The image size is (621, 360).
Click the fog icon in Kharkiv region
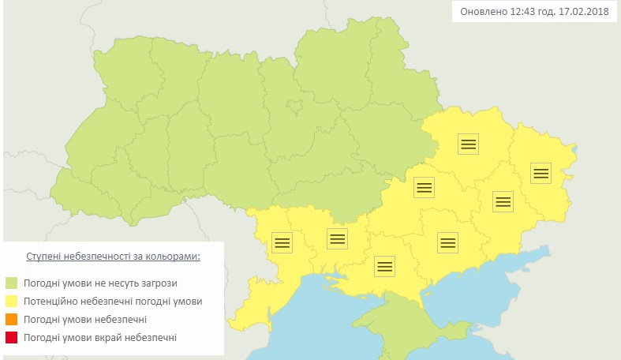[x=468, y=144]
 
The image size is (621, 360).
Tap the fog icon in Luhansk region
[x=541, y=173]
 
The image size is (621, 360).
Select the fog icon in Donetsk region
[x=503, y=201]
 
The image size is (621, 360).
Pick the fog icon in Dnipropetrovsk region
[x=425, y=187]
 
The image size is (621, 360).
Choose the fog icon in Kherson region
[x=385, y=266]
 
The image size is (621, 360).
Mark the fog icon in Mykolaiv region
[x=337, y=238]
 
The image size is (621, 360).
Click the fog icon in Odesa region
[x=282, y=242]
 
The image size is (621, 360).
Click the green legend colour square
[x=12, y=283]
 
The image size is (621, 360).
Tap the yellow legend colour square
[x=12, y=302]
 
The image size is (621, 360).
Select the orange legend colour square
[x=12, y=320]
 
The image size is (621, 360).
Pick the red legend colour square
[x=12, y=338]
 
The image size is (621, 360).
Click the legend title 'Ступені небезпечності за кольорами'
[x=113, y=257]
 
